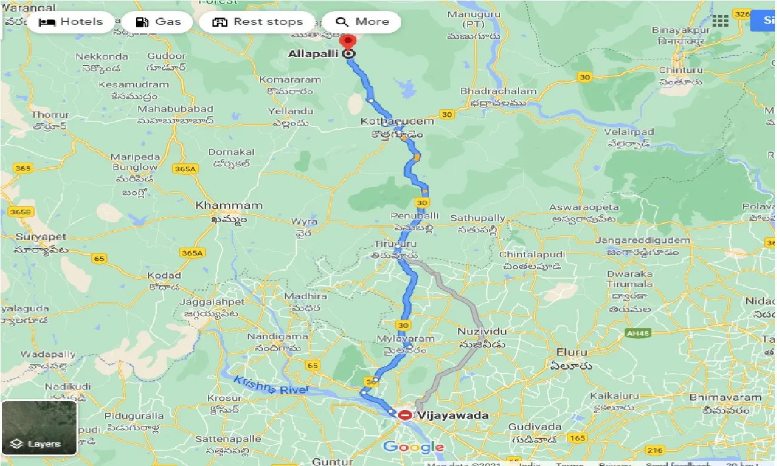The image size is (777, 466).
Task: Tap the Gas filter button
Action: (157, 22)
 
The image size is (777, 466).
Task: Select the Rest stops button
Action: (257, 22)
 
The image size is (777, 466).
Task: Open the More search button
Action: (362, 22)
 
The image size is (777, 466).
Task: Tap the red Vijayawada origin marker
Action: (405, 416)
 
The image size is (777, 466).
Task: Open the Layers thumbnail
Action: (39, 428)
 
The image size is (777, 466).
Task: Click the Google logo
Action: (413, 448)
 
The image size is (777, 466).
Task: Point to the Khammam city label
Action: (228, 206)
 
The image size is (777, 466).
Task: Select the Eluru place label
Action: (571, 352)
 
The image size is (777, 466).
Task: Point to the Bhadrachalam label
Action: (498, 91)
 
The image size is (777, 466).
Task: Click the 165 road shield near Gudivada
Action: (577, 438)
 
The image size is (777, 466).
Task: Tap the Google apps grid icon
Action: (720, 21)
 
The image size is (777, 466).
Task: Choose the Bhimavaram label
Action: (725, 397)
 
